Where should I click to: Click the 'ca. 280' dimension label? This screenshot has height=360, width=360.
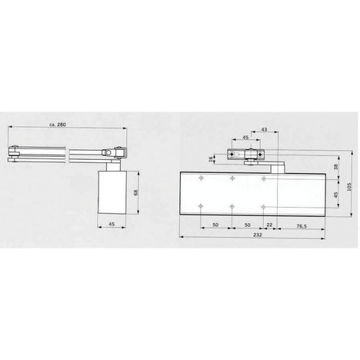coord(58,125)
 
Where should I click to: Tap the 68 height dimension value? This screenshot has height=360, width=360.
coord(135,192)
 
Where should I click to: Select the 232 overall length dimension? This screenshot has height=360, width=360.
coord(257,235)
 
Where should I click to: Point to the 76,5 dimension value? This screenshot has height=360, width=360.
coord(302,226)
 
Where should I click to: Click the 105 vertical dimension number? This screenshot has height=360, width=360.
coord(349,186)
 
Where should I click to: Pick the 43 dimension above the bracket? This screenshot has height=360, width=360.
coord(264,129)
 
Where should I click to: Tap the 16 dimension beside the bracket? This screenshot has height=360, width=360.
coord(211,159)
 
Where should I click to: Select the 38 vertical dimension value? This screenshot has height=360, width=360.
coord(336,167)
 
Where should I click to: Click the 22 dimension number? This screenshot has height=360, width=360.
coord(269,225)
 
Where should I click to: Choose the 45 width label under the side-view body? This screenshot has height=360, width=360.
coord(112,224)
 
